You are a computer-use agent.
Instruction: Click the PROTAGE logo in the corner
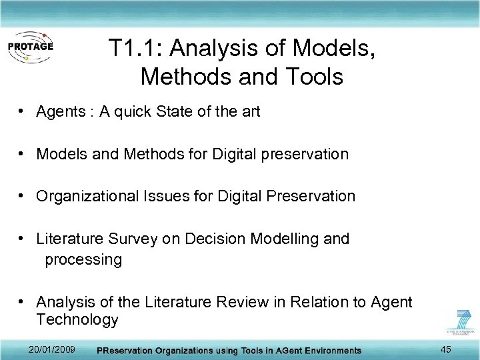coord(29,47)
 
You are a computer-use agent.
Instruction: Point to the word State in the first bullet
coord(175,112)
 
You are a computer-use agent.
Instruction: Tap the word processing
coord(83,259)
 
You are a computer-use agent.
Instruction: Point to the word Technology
coord(77,319)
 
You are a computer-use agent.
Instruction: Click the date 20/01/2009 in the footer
coord(53,350)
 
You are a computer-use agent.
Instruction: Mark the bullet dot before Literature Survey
coord(23,239)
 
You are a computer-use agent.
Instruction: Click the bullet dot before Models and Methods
coord(23,154)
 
